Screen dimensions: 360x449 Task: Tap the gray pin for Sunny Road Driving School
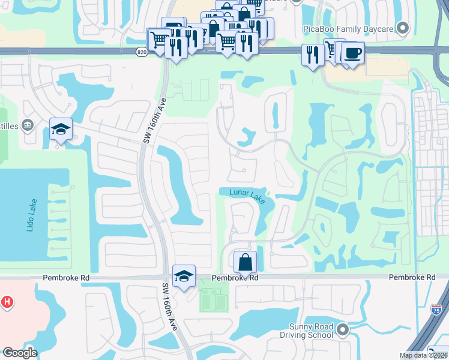pos(343,329)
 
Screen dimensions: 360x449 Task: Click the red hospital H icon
pos(7,302)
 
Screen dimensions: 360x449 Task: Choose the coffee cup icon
pos(353,53)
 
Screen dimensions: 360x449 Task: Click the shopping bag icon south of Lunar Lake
pos(245,262)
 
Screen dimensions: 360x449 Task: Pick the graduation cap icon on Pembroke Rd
pos(184,275)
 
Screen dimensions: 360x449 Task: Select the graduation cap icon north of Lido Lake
pos(61,129)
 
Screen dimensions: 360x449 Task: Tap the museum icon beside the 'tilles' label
pos(28,125)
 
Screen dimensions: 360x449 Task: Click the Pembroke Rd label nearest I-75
pos(412,277)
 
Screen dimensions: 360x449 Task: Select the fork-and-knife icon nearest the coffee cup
pos(312,56)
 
